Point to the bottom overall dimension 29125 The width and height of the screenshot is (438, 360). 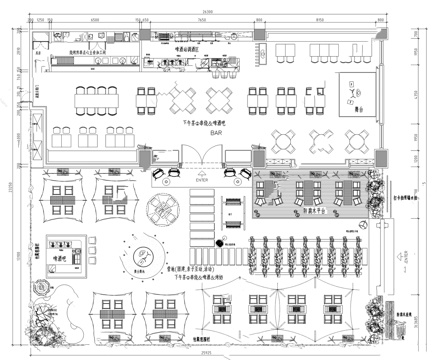tap(205, 353)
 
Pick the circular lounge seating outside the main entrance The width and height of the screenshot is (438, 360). tap(163, 211)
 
